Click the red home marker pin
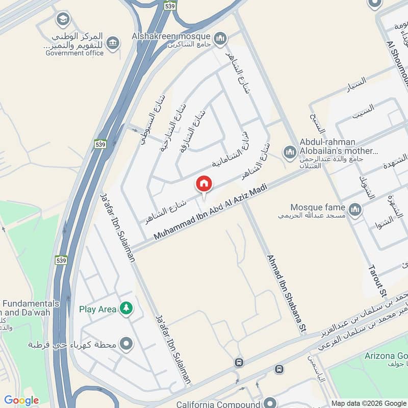204,184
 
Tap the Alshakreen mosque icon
220,38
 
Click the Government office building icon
113,43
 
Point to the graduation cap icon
63,20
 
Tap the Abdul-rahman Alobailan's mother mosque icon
290,152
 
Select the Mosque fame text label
318,207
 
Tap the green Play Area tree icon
125,308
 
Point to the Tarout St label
377,281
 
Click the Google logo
21,400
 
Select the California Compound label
216,404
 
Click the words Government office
74,53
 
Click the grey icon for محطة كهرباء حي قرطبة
126,344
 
